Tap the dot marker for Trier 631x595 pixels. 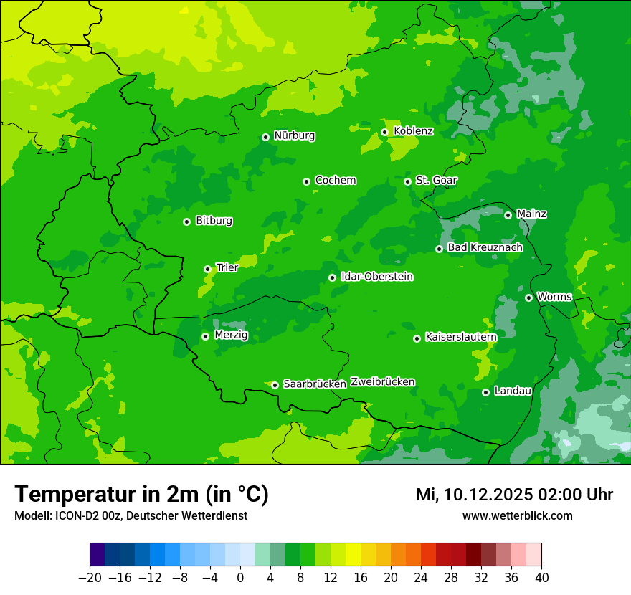point(208,269)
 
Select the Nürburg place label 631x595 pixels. point(294,135)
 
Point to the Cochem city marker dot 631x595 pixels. point(307,181)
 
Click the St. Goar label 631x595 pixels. point(436,181)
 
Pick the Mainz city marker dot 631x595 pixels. point(508,215)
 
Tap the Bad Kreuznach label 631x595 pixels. point(485,248)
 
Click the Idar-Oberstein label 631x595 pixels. point(376,277)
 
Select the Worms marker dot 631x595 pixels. point(529,297)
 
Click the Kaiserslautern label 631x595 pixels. point(460,337)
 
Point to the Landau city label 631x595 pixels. point(513,391)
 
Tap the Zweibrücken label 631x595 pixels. point(382,382)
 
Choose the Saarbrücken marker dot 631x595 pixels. point(275,385)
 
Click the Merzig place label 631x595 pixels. point(231,335)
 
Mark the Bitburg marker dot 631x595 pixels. point(187,222)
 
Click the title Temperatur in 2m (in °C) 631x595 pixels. point(141,495)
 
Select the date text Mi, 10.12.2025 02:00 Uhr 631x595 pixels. point(514,495)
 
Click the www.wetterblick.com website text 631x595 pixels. point(517,516)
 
